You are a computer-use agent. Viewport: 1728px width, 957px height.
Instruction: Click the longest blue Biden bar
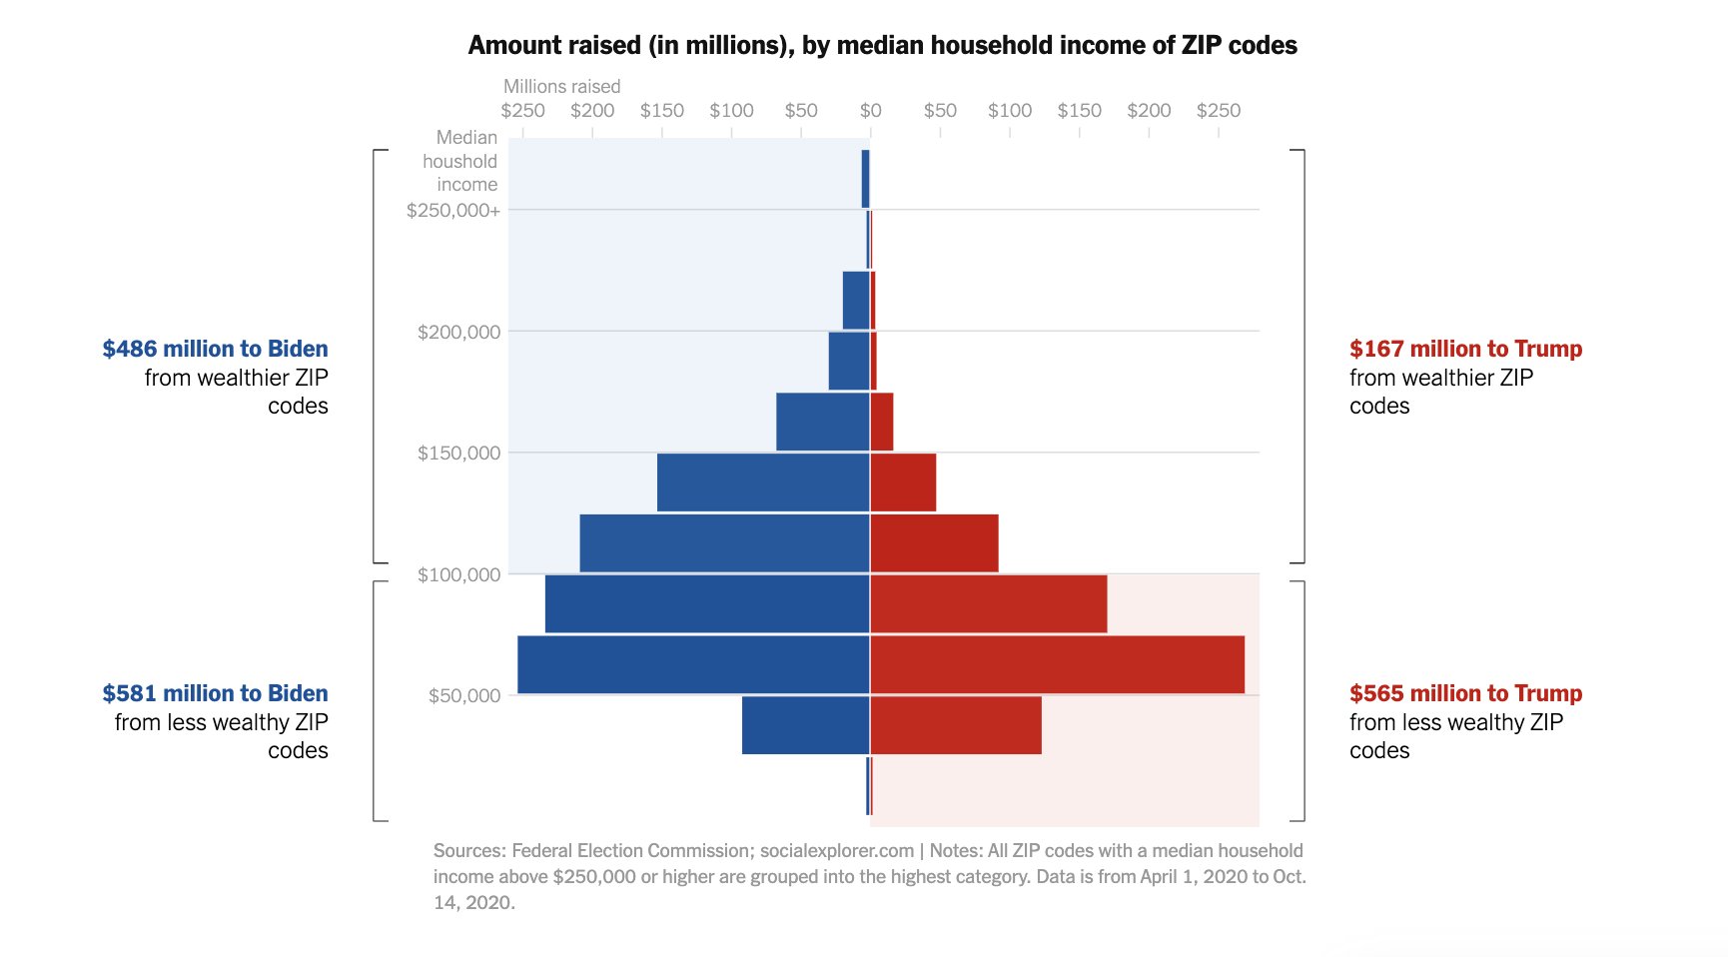pos(693,664)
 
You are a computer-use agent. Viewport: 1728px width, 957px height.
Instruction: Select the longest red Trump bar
pos(1057,664)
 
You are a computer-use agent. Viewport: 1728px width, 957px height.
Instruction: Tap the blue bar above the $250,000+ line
pos(865,179)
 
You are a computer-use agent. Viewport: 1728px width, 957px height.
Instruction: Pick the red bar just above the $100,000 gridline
pos(934,543)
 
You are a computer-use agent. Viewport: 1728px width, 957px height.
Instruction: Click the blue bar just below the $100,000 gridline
pos(707,603)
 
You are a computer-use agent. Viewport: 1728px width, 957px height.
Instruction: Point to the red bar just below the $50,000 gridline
pos(956,725)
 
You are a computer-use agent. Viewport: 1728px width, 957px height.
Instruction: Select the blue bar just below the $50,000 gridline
pos(805,725)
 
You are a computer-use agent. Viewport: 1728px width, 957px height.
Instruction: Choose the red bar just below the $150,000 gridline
pos(903,482)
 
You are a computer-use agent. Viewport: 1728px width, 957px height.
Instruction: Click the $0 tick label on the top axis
pos(870,111)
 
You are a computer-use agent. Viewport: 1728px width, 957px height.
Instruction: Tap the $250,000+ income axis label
pos(452,210)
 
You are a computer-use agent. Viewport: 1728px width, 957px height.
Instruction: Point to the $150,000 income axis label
pos(458,454)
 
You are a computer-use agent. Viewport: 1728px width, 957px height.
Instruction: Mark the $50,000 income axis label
pos(463,696)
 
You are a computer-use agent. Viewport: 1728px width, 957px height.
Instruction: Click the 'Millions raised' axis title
pos(561,87)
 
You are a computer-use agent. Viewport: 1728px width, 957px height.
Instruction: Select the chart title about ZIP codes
pos(882,45)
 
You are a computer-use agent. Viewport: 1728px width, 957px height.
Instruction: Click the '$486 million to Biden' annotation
pos(215,349)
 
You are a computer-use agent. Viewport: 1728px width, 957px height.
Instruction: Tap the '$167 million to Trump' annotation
pos(1465,349)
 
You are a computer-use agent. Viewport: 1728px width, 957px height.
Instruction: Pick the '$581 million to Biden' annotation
pos(215,693)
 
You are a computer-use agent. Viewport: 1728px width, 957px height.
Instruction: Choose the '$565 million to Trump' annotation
pos(1465,693)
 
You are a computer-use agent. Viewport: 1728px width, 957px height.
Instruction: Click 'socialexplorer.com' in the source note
pos(836,851)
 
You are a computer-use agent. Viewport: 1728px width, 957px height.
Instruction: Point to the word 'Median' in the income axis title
pos(466,138)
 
